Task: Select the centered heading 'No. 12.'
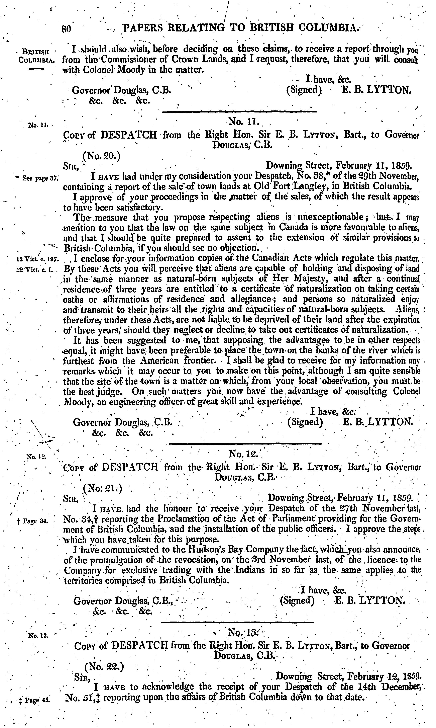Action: click(243, 455)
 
